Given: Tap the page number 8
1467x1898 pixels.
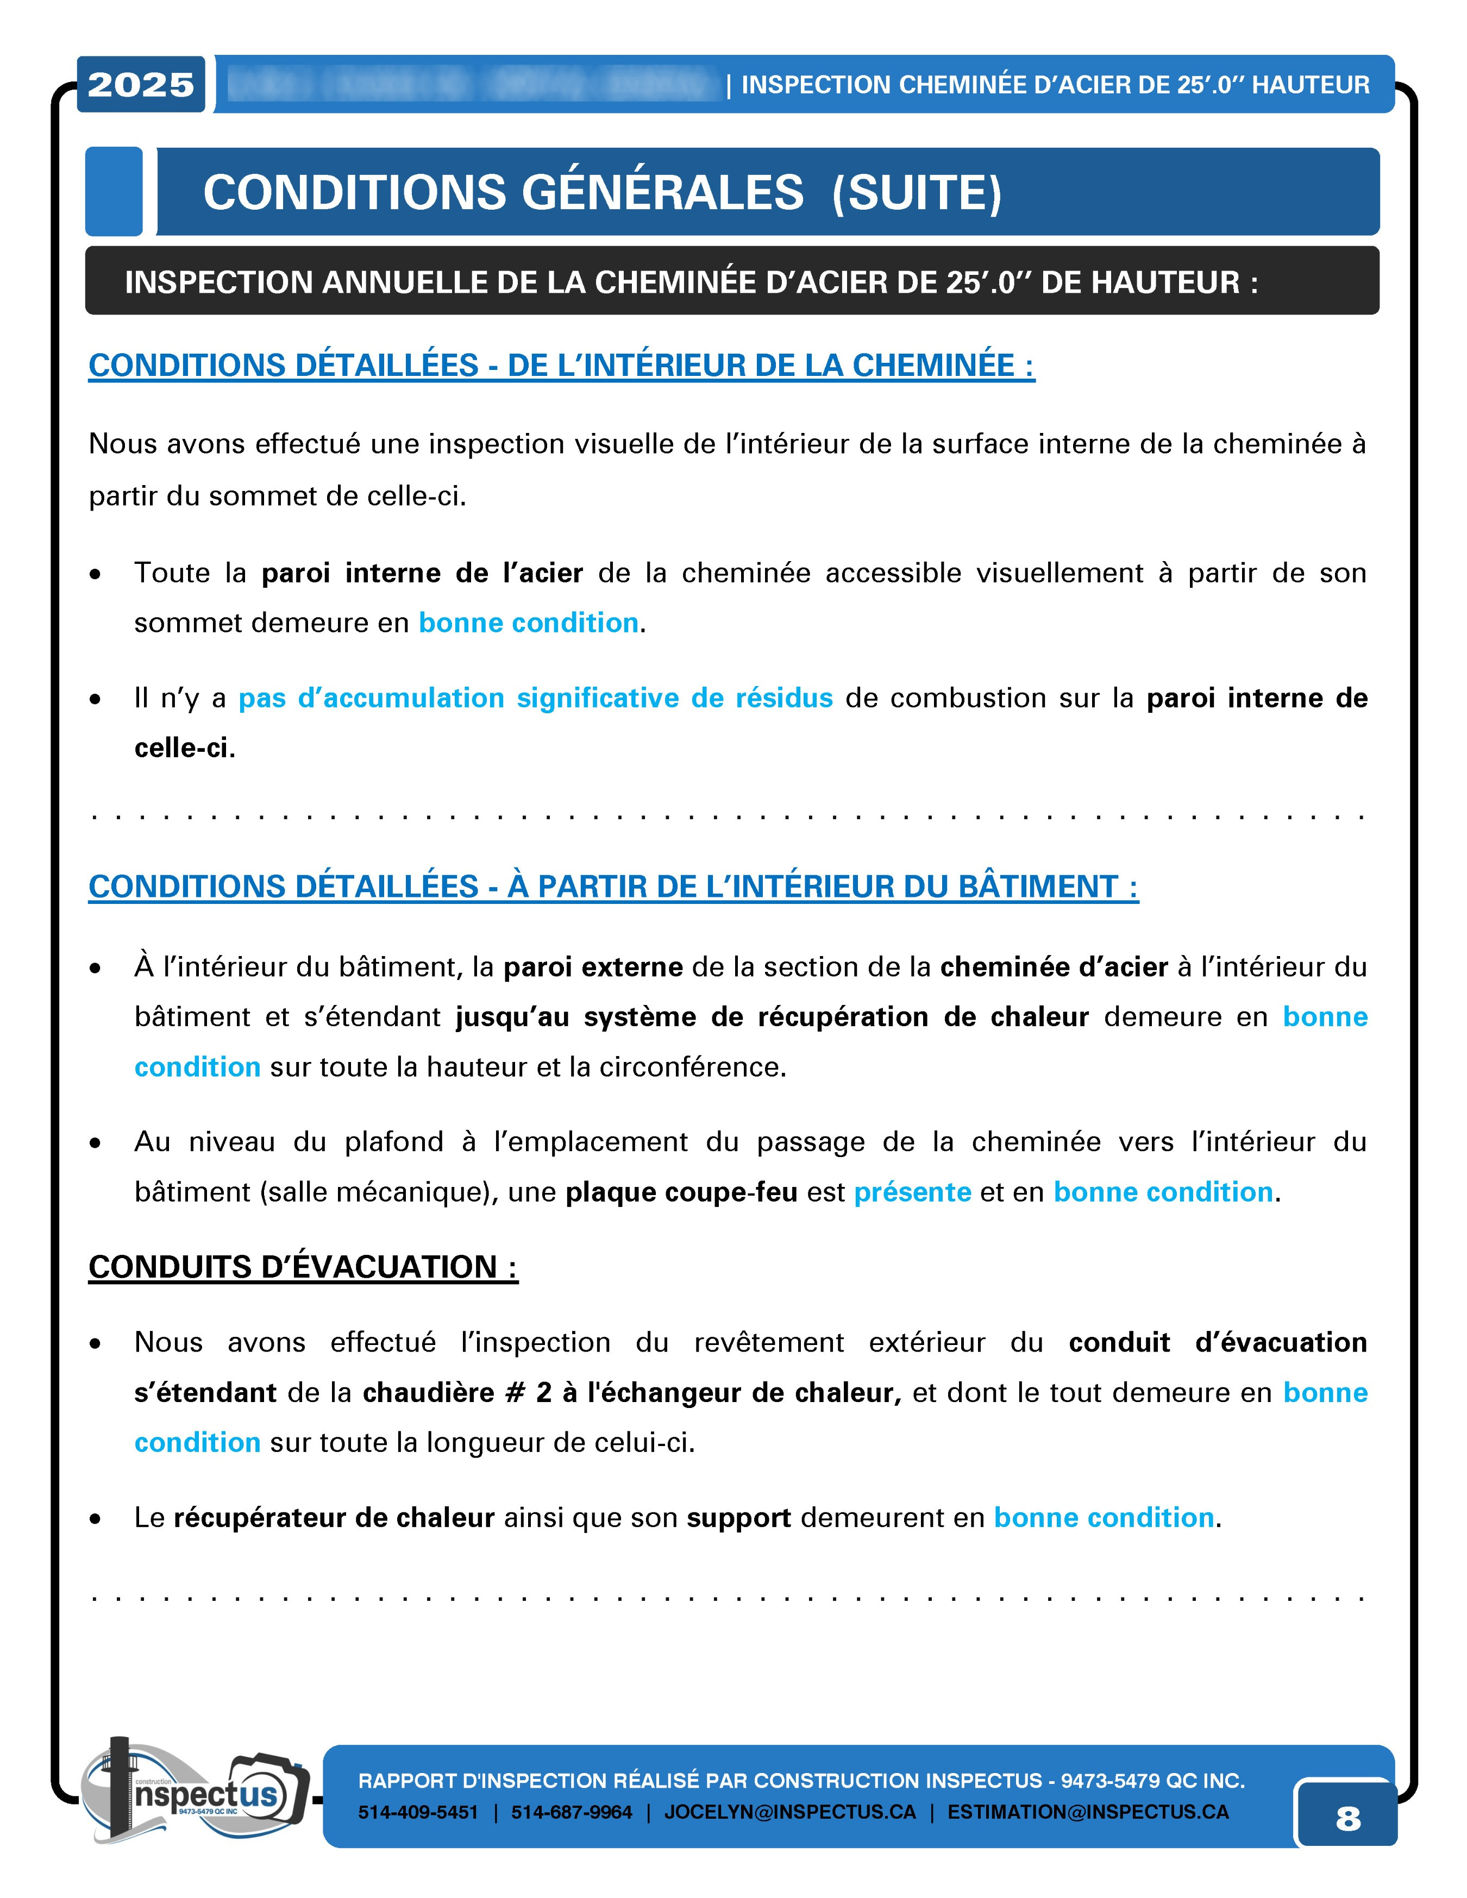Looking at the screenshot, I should [x=1347, y=1818].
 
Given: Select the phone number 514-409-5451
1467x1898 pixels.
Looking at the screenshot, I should [x=418, y=1812].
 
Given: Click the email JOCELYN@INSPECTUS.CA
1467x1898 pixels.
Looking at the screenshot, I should [x=790, y=1812].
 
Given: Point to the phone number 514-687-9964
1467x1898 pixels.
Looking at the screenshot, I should [x=571, y=1812].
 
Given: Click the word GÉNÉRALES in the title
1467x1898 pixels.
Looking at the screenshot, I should [x=662, y=192].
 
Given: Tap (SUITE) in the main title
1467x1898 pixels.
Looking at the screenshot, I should [x=917, y=192].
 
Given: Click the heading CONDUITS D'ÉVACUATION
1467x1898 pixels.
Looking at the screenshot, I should [x=303, y=1267].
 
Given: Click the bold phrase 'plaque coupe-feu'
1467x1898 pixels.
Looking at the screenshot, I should [x=681, y=1191].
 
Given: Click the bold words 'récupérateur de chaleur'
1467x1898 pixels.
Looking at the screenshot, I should [x=334, y=1517].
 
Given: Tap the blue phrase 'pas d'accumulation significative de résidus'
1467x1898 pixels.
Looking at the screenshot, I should [x=535, y=698].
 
